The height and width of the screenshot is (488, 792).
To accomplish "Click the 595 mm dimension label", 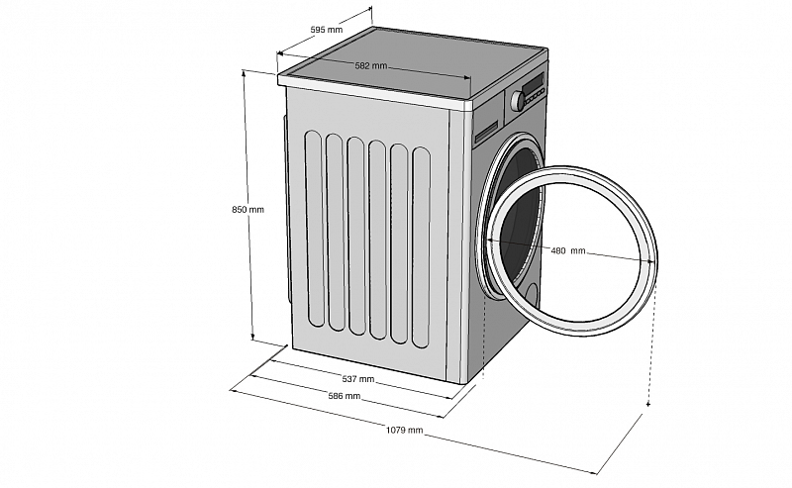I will [326, 31].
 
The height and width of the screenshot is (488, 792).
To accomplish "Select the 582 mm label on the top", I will [370, 65].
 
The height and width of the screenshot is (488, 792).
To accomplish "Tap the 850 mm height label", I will [247, 210].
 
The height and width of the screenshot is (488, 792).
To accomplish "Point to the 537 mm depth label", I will [357, 379].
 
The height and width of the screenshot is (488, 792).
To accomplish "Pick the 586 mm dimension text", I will [345, 396].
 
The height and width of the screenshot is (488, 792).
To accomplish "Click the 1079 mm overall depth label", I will [406, 431].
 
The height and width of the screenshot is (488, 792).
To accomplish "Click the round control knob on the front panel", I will [516, 100].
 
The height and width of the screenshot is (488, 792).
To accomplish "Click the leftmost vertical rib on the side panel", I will [313, 228].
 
